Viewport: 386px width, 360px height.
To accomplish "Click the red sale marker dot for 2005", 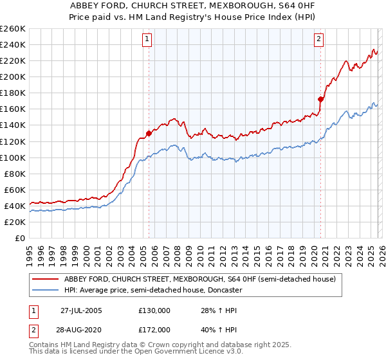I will pos(149,133).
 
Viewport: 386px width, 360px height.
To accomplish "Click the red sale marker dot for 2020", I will pos(320,99).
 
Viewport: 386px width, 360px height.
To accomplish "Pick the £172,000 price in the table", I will pos(154,328).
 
